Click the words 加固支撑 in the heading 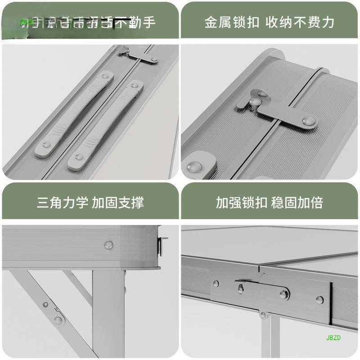point(118,202)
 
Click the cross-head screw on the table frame point(108,245)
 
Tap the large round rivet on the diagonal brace point(58,320)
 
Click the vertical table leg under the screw point(108,315)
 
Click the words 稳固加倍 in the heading point(297,202)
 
